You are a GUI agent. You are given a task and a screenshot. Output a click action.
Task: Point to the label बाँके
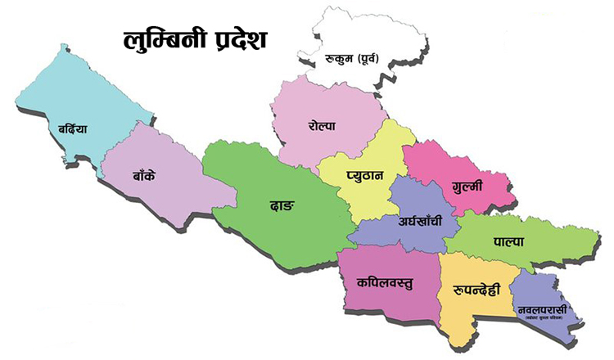point(149,175)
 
